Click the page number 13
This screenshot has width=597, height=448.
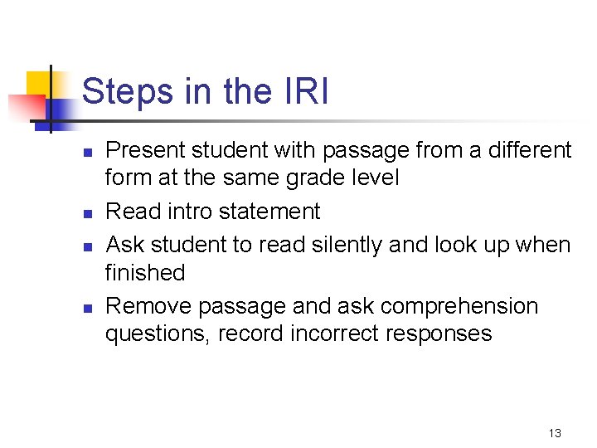[x=555, y=433]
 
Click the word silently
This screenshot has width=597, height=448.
[x=356, y=245]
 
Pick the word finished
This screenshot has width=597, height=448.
[x=145, y=272]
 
